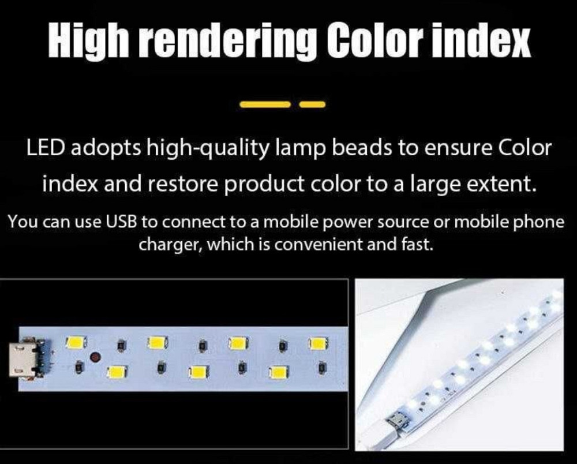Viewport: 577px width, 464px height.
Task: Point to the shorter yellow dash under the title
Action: click(313, 104)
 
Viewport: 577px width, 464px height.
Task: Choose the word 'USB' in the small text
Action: click(120, 222)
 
